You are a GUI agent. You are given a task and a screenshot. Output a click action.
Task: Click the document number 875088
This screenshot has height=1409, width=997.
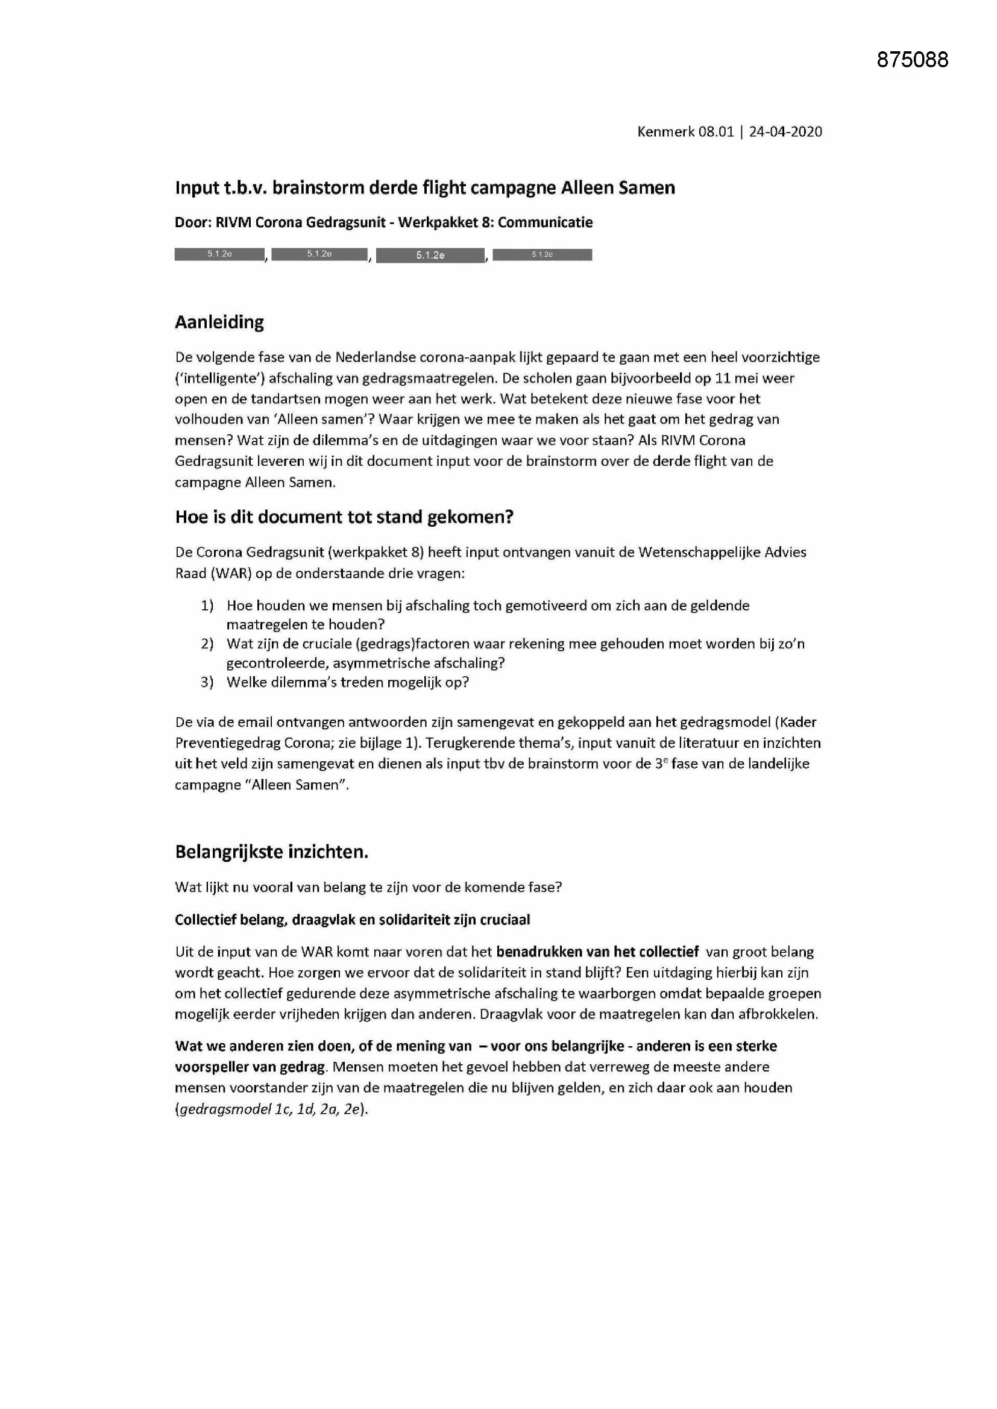pos(912,60)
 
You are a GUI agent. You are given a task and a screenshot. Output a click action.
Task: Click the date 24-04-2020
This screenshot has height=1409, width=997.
pos(785,131)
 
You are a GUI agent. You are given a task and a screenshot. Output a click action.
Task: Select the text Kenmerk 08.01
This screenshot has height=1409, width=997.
pos(685,131)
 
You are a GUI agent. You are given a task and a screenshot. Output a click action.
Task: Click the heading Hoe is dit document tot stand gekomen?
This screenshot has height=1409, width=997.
pos(344,516)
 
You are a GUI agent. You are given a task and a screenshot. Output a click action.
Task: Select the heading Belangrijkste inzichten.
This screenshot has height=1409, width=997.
pos(271,852)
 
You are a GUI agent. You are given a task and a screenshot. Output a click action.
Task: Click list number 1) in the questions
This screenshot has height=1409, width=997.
pos(207,606)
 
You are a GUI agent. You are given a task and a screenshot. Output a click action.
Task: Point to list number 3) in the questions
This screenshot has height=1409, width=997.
pos(207,682)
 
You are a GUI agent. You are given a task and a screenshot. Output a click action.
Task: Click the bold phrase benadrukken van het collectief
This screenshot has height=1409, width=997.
pos(597,952)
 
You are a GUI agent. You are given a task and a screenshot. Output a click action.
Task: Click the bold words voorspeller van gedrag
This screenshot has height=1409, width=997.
pos(250,1067)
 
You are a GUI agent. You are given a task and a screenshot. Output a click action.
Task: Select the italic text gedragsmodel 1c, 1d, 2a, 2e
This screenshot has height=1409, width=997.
pos(270,1109)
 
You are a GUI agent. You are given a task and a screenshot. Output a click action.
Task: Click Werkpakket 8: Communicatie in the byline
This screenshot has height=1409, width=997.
pos(495,222)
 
